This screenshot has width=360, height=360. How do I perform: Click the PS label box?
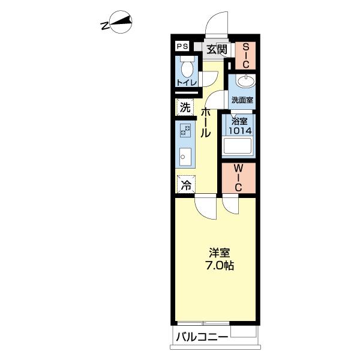[182, 46]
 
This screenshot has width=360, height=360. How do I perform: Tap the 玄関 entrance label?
[217, 49]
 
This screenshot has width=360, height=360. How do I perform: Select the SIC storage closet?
[245, 56]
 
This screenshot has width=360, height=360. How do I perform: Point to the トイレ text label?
[187, 82]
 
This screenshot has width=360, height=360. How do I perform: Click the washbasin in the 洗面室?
[245, 81]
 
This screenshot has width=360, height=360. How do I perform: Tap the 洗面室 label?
[242, 100]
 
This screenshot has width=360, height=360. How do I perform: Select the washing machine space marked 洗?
[185, 107]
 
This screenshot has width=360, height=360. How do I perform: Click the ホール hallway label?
[205, 122]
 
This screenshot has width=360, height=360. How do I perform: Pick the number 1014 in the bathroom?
[240, 131]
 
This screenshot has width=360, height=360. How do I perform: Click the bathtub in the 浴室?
[238, 146]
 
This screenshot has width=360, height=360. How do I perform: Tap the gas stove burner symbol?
[185, 130]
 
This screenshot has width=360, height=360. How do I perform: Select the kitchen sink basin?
[185, 157]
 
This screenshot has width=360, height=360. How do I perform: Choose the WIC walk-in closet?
[239, 178]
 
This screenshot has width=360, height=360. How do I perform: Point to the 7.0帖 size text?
[220, 266]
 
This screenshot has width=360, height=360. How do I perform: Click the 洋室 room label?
[220, 253]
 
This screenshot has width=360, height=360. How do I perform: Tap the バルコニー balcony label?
[202, 337]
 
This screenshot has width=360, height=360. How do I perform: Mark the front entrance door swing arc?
[215, 21]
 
